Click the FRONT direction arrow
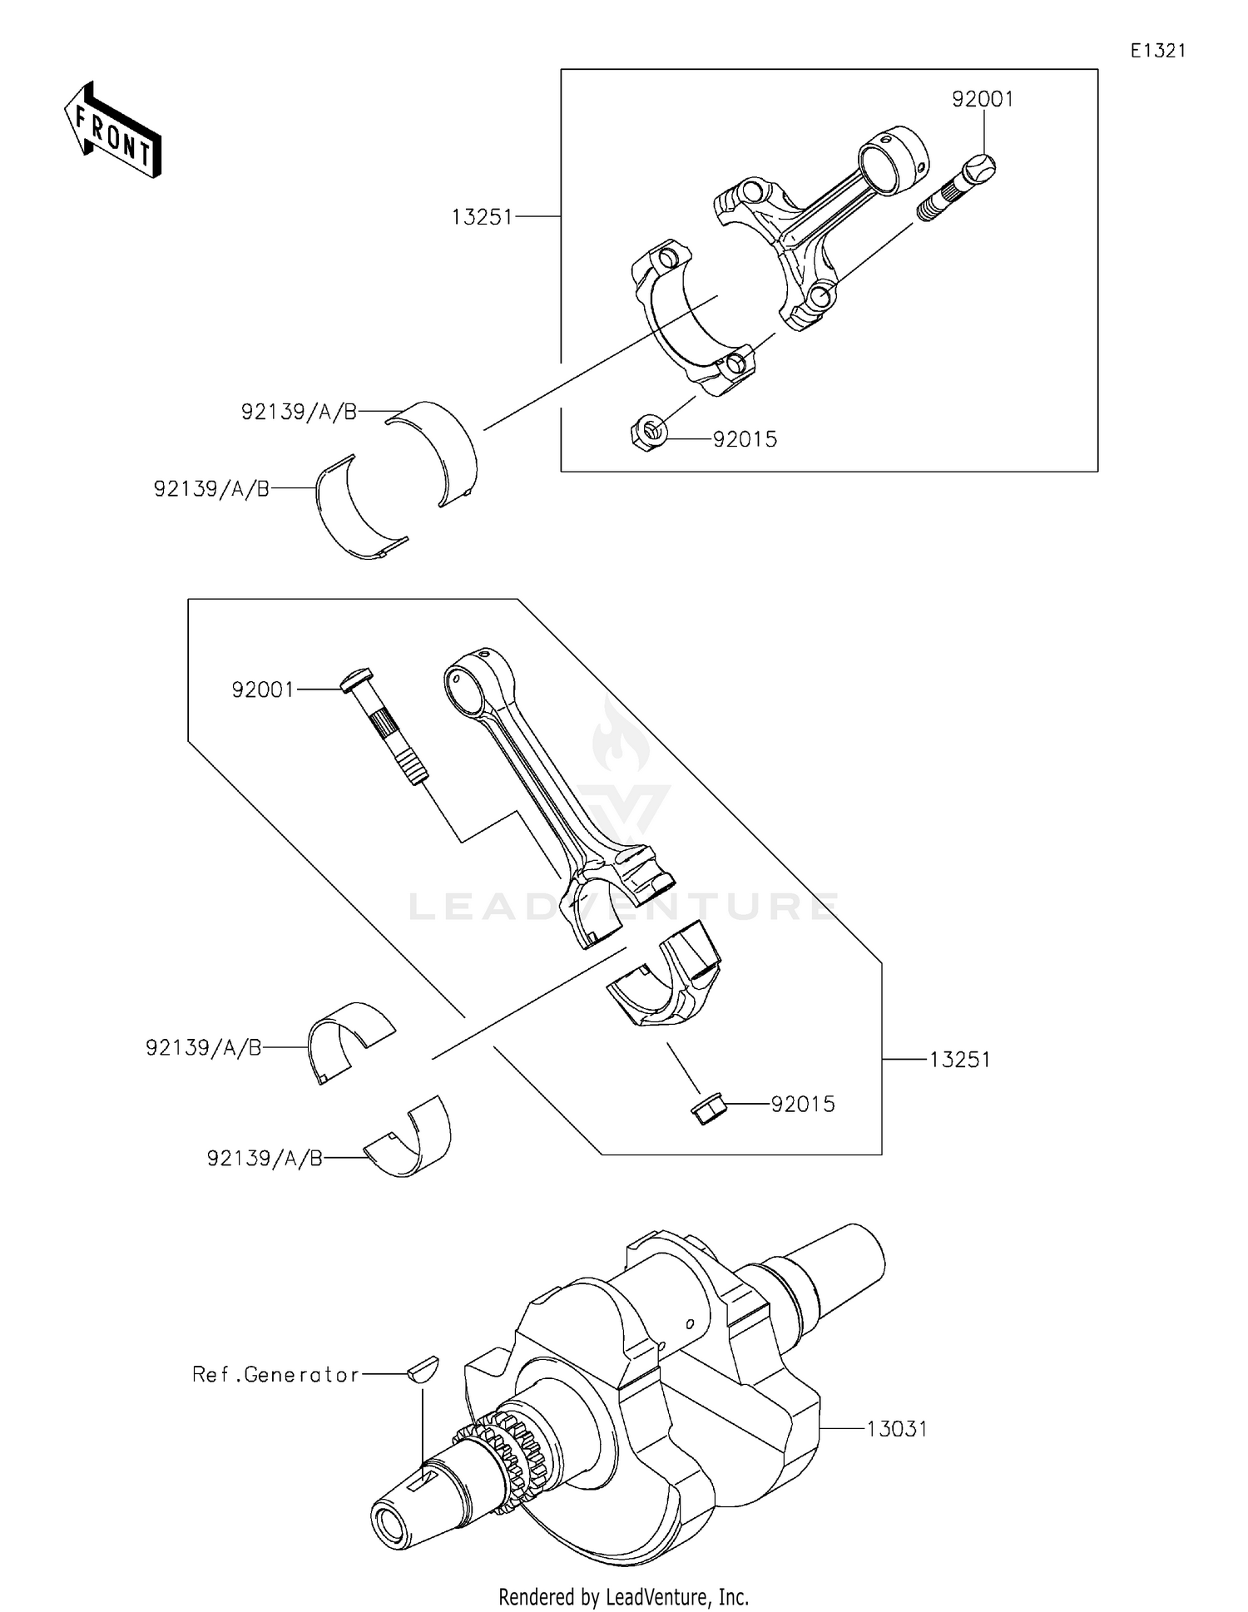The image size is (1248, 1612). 112,131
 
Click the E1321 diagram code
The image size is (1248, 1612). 1157,51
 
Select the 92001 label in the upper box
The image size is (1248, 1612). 983,100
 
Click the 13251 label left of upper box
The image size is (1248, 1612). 483,218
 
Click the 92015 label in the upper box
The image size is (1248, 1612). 745,440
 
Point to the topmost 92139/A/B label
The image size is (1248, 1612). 299,412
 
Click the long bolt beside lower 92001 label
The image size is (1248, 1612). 385,724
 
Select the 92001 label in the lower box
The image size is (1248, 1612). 263,690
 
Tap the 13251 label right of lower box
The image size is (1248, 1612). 959,1060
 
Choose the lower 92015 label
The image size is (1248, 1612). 802,1105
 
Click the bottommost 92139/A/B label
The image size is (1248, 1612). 265,1159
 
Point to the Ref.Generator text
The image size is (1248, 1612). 275,1375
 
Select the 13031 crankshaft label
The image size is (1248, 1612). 896,1429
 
